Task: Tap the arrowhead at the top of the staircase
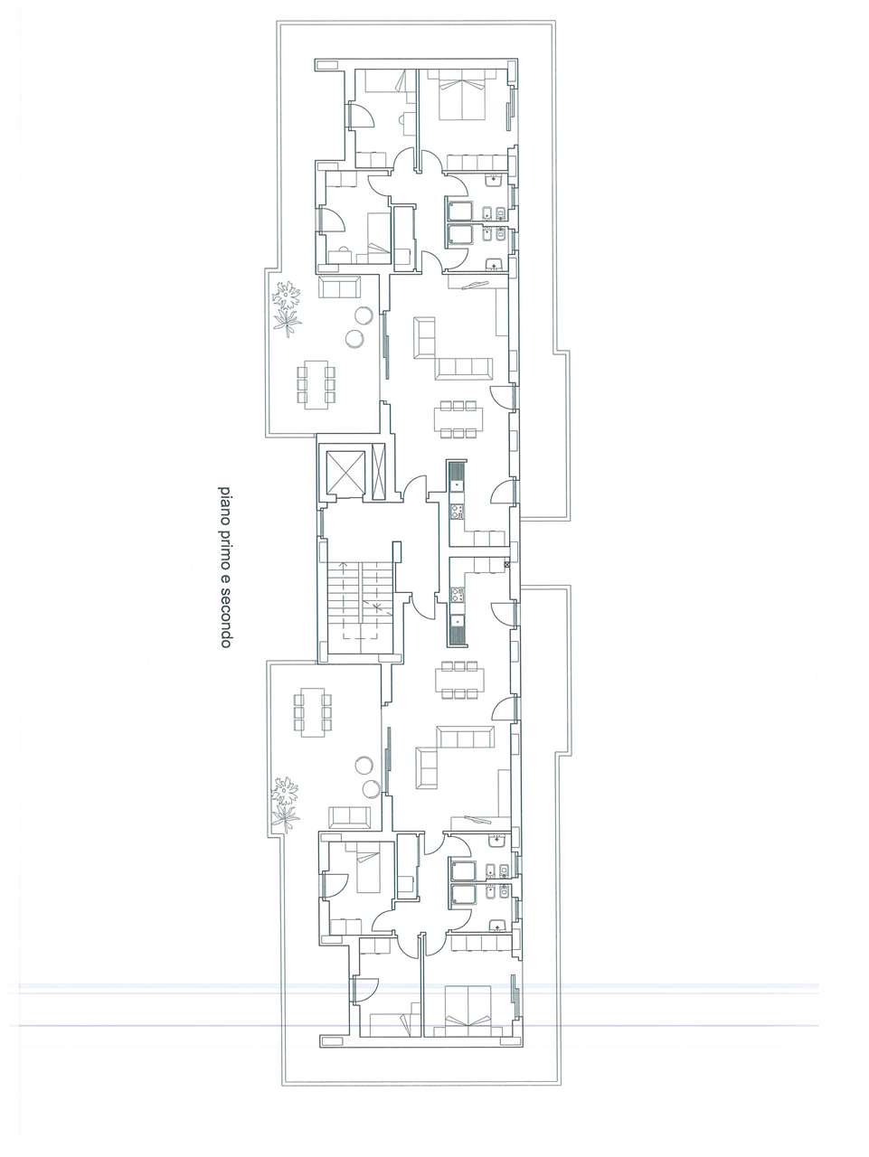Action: (345, 565)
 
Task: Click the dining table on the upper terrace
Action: (316, 384)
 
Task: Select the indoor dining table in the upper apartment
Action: (458, 419)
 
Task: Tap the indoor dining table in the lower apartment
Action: (459, 680)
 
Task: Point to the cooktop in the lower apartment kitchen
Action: (456, 595)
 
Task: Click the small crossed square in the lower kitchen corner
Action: (507, 564)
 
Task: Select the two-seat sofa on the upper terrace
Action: (340, 287)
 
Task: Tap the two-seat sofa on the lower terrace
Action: (350, 817)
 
